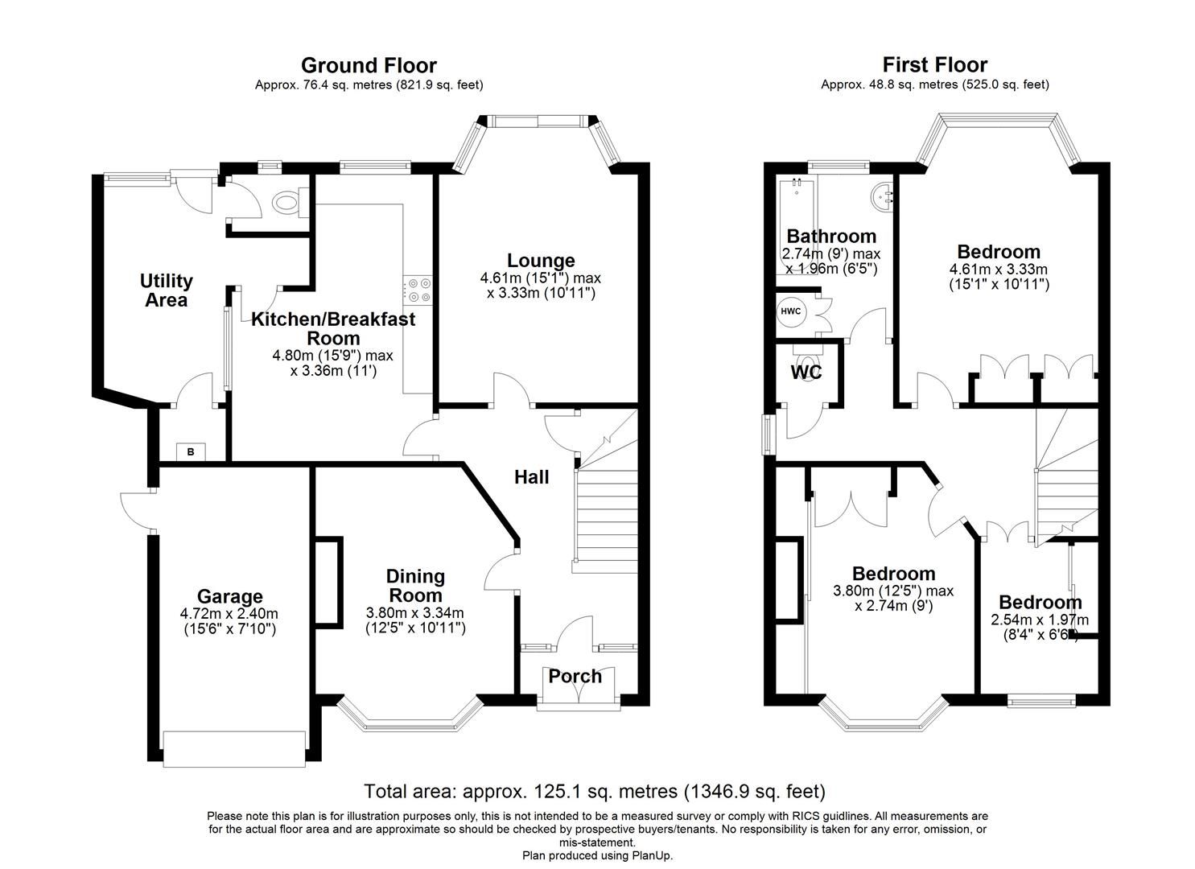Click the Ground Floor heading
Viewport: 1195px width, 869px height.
pyautogui.click(x=369, y=65)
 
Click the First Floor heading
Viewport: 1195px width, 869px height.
pyautogui.click(x=934, y=64)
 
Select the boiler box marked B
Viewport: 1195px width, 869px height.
pyautogui.click(x=191, y=451)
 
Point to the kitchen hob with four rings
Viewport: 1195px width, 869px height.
pyautogui.click(x=418, y=290)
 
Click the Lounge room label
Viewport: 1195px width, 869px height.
pyautogui.click(x=541, y=261)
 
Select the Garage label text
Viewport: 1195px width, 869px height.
pyautogui.click(x=230, y=596)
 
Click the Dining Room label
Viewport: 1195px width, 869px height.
pyautogui.click(x=415, y=586)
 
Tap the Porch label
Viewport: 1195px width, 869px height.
pyautogui.click(x=575, y=676)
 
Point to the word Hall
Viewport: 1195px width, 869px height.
pyautogui.click(x=531, y=477)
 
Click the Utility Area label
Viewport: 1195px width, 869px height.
pyautogui.click(x=166, y=290)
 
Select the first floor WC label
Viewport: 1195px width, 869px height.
pyautogui.click(x=806, y=373)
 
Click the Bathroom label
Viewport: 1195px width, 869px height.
pyautogui.click(x=830, y=237)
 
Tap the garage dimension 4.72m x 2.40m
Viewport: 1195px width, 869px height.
pyautogui.click(x=229, y=614)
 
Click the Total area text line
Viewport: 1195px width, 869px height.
pyautogui.click(x=594, y=792)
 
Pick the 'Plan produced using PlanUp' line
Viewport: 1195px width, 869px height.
pyautogui.click(x=597, y=855)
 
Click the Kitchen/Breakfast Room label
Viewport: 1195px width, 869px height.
pyautogui.click(x=333, y=328)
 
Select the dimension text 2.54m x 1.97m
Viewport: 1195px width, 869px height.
pyautogui.click(x=1039, y=620)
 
